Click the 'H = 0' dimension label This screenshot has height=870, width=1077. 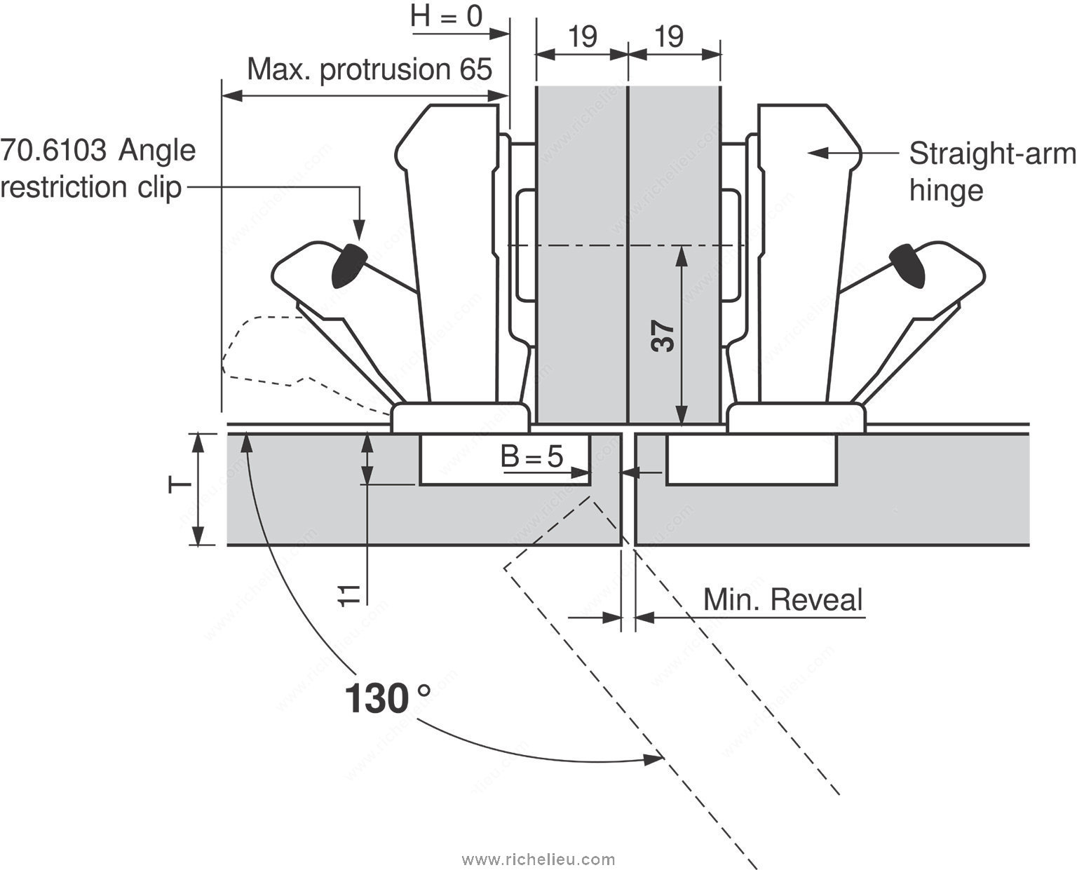(447, 17)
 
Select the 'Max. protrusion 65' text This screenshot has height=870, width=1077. (370, 69)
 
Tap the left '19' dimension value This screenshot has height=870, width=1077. (582, 36)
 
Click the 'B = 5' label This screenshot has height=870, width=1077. (532, 457)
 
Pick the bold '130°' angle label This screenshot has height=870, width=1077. (388, 699)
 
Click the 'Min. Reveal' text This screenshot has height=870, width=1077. (783, 601)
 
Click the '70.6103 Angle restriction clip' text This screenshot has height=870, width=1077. (98, 169)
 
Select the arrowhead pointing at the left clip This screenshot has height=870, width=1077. (359, 231)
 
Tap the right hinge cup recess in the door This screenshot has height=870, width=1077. (750, 459)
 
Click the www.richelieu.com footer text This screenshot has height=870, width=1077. (538, 859)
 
